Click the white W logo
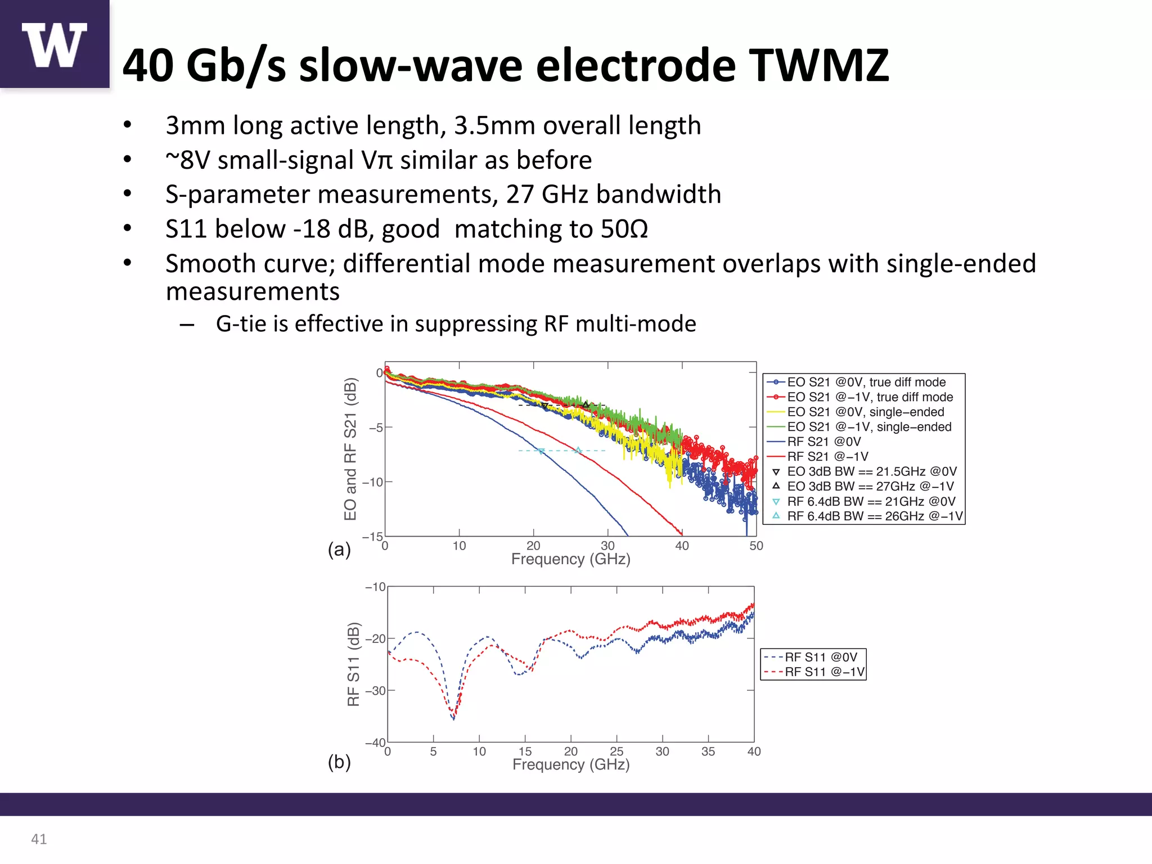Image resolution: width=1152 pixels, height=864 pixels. (x=54, y=45)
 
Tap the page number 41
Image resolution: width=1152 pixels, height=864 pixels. (x=39, y=839)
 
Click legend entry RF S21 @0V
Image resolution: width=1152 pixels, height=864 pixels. (x=823, y=442)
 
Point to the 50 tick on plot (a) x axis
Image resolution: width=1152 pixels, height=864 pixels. (x=755, y=546)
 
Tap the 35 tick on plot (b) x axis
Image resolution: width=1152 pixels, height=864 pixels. (x=708, y=751)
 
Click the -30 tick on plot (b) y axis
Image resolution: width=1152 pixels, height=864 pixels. (x=376, y=691)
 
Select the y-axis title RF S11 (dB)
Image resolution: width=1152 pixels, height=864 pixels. (x=353, y=664)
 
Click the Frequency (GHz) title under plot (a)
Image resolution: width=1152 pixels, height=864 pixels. (x=570, y=559)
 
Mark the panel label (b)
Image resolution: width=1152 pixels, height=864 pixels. (x=339, y=762)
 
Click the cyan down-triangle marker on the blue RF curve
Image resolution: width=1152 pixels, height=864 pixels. (x=541, y=451)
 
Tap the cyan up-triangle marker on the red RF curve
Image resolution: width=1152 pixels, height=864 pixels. (x=578, y=450)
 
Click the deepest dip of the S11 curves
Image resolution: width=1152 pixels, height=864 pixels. (x=453, y=718)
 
